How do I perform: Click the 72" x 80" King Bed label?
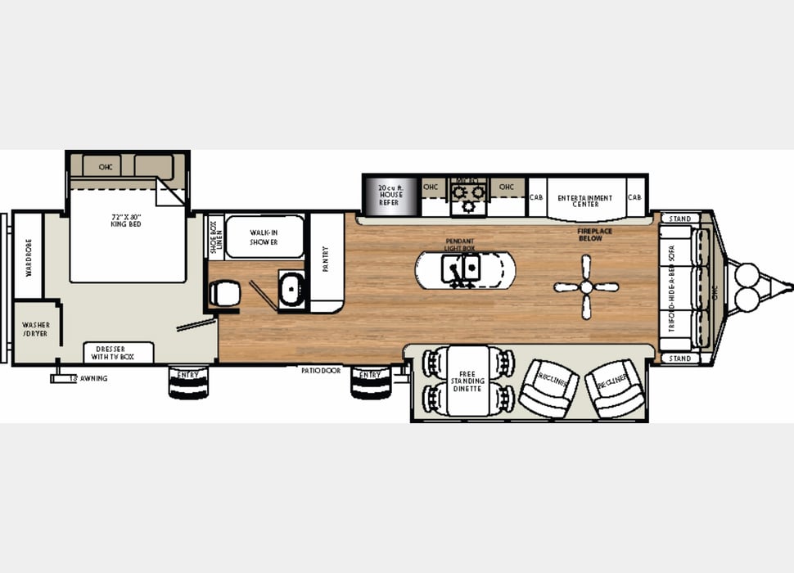click(x=126, y=220)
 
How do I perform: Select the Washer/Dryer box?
click(x=36, y=329)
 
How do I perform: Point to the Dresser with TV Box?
click(x=119, y=353)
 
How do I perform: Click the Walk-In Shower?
click(x=264, y=237)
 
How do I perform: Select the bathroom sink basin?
click(x=291, y=289)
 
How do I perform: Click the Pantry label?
click(x=325, y=259)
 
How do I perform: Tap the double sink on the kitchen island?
click(x=461, y=266)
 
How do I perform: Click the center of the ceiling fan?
click(x=586, y=286)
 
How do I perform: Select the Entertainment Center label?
click(x=584, y=201)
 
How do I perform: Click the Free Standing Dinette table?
click(x=467, y=381)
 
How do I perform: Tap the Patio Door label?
click(x=320, y=370)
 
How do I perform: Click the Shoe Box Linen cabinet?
click(x=214, y=237)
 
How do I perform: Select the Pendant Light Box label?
click(x=460, y=244)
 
